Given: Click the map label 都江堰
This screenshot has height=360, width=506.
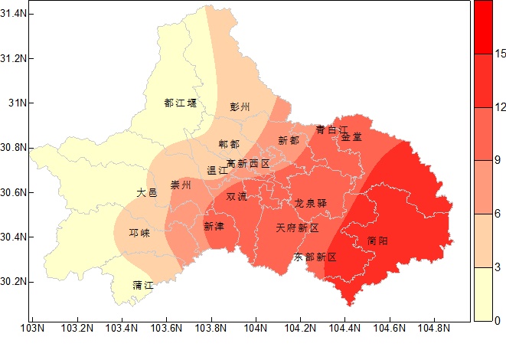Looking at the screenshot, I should click(x=181, y=103).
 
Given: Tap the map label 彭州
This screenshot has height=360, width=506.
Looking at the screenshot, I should click(x=240, y=107).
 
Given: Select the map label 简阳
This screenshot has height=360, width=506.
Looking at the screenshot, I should click(x=377, y=241).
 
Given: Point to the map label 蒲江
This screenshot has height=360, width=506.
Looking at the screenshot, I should click(x=143, y=285).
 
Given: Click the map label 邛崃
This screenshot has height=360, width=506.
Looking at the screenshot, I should click(x=139, y=234).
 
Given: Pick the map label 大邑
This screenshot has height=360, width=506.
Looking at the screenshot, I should click(x=147, y=193).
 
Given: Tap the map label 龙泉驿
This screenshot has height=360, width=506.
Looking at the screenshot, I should click(x=311, y=203).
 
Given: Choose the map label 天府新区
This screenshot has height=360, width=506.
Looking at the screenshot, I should click(x=297, y=228).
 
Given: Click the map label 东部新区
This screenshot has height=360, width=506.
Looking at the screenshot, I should click(x=315, y=257).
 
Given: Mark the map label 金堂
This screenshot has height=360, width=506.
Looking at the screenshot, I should click(x=351, y=137).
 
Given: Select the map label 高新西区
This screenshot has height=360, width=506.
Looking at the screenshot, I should click(x=248, y=164).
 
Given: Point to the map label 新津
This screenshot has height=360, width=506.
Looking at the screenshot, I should click(x=214, y=226).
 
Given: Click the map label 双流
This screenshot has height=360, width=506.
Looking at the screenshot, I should click(x=237, y=196).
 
